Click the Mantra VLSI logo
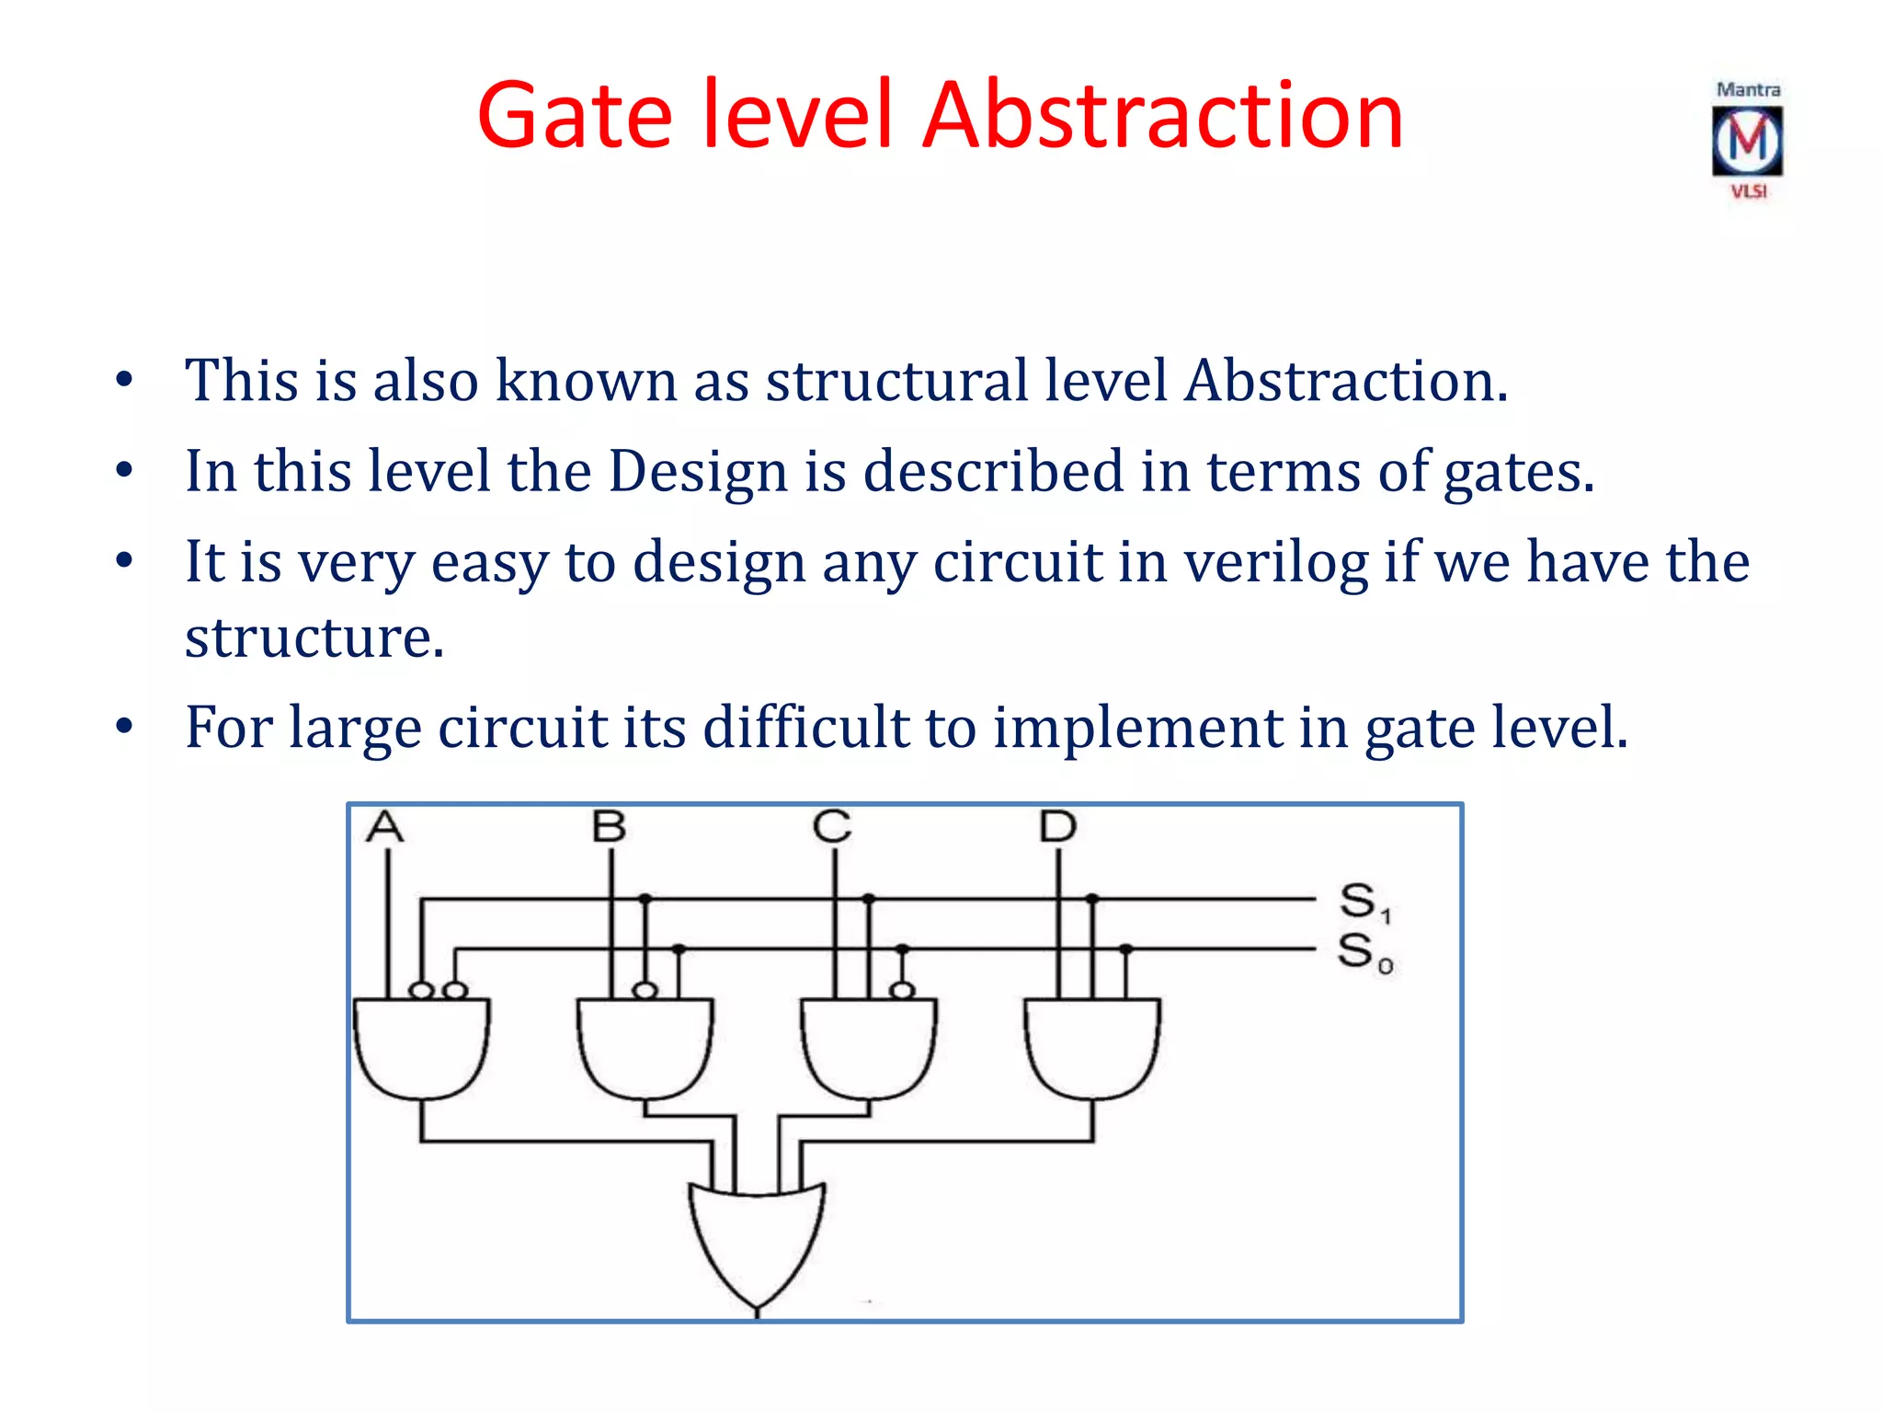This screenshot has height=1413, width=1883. (1747, 141)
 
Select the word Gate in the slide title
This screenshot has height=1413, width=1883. (575, 116)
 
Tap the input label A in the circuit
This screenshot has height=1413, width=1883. (385, 827)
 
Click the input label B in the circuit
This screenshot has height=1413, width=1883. (610, 827)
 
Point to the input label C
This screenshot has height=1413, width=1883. (833, 827)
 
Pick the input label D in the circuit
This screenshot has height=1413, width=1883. (1057, 827)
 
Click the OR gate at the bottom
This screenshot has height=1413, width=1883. (757, 1242)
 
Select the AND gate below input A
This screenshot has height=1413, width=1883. (422, 1049)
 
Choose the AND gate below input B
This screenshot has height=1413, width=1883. (645, 1049)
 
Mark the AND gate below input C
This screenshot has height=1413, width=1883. (869, 1049)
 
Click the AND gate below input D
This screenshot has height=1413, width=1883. (1092, 1049)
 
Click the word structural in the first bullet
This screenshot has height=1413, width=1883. (896, 381)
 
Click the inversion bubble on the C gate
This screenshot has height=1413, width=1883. (903, 991)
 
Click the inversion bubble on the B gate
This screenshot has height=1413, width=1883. (645, 991)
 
